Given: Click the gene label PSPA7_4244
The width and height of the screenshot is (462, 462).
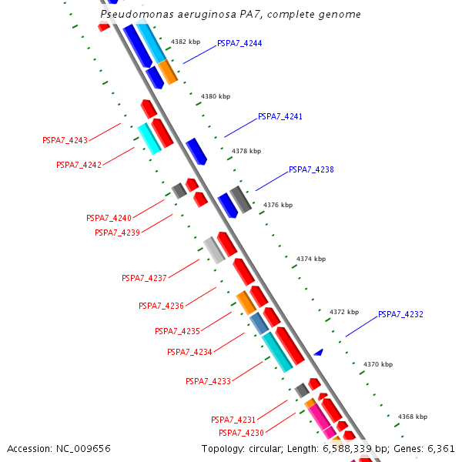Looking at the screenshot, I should [239, 43].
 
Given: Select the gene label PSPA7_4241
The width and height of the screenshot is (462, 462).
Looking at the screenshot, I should [280, 116].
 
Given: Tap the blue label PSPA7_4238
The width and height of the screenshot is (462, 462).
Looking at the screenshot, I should [311, 169].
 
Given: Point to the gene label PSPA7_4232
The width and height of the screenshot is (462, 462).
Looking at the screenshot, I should [400, 314].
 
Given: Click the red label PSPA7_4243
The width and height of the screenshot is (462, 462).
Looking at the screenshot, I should [65, 140].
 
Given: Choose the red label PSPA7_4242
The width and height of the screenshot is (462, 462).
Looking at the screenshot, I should [79, 165].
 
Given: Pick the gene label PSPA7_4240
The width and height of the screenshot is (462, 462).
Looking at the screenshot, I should [109, 218].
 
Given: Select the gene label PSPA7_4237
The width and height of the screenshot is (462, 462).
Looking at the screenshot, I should [144, 278].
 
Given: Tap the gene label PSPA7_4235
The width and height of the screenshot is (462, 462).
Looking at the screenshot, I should [177, 331].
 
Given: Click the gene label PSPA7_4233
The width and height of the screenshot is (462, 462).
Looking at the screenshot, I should [208, 381].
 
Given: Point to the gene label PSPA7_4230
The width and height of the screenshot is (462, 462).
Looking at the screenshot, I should [241, 433].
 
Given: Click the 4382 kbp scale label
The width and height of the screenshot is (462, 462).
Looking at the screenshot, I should [185, 42].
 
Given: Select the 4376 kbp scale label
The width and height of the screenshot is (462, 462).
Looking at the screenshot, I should [278, 205].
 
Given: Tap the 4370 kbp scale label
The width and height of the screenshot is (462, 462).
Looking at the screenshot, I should [377, 364].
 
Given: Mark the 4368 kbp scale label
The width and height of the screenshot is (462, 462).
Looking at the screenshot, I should [412, 417].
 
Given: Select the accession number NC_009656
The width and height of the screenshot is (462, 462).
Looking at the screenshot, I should [84, 448].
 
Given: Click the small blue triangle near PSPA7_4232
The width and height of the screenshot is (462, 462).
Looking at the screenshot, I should [318, 352].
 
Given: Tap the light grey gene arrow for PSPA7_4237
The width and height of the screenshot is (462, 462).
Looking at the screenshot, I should [213, 249].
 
